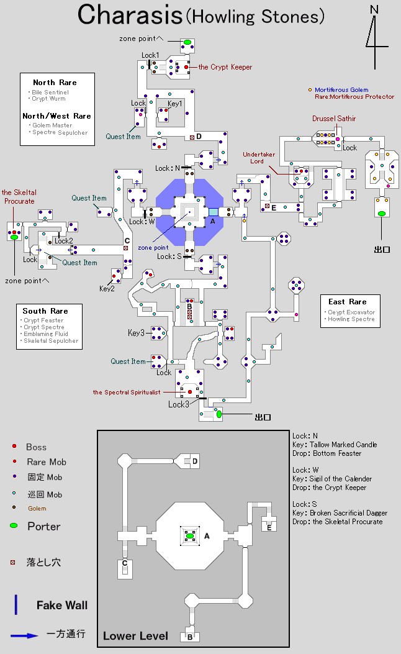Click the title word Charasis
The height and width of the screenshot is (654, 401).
click(x=128, y=15)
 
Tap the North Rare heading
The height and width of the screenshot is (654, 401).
click(x=55, y=83)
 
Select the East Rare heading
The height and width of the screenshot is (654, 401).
click(x=348, y=302)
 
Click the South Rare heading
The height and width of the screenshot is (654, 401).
click(x=45, y=311)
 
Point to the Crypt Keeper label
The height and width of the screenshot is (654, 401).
click(x=225, y=67)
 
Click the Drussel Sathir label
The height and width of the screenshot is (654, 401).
click(x=334, y=119)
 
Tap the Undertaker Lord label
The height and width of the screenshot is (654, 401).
click(x=257, y=157)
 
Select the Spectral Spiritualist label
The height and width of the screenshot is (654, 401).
click(x=127, y=392)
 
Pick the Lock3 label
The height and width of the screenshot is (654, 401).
click(x=178, y=404)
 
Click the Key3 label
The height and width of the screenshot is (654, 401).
click(x=136, y=333)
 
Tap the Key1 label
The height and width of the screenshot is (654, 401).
click(x=175, y=103)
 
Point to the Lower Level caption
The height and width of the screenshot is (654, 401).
click(x=135, y=635)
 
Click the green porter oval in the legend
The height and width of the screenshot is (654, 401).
click(x=14, y=526)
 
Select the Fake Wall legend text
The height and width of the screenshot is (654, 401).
click(x=62, y=605)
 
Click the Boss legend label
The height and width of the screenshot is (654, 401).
click(x=36, y=447)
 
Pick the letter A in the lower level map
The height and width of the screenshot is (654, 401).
click(x=207, y=535)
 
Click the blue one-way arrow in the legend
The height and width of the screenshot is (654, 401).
click(x=24, y=635)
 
